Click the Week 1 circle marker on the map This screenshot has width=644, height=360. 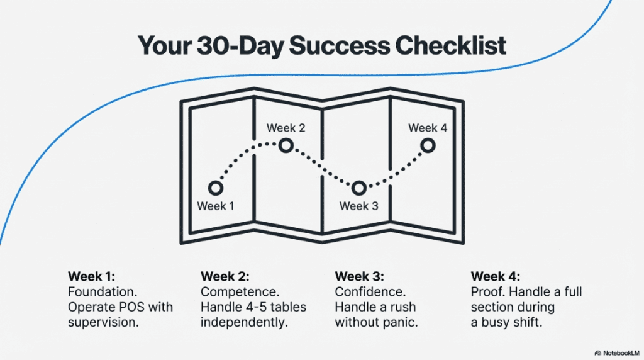coord(216,188)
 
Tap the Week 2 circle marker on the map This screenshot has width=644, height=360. coord(286,146)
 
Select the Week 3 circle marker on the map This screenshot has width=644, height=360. coord(358,188)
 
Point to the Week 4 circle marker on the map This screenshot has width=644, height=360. coord(428,146)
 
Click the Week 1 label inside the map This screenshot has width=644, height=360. coord(216,206)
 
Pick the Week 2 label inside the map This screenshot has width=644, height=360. coord(286,128)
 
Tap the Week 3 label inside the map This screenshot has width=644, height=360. coord(358,206)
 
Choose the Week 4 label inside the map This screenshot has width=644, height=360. coord(428,128)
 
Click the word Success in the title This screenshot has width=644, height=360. coord(327,47)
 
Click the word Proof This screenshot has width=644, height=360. coord(486,292)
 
